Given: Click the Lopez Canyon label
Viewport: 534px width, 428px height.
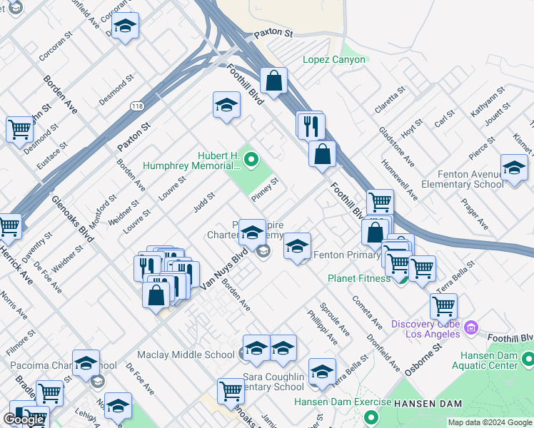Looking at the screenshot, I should point(334,60).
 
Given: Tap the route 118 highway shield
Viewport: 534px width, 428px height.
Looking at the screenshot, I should point(138,106).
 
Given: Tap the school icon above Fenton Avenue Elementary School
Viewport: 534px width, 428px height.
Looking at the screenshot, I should point(514,168).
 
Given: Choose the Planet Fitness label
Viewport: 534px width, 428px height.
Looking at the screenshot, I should point(359,278).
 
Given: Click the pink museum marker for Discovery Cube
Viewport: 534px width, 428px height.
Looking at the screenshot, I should point(470,327).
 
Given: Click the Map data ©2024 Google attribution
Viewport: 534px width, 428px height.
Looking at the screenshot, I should point(490,422).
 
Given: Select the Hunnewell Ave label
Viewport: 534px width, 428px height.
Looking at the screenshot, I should point(409,179).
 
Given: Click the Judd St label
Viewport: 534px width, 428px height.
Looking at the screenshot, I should point(204,203).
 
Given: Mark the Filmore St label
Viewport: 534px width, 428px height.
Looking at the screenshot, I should point(17,340).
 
